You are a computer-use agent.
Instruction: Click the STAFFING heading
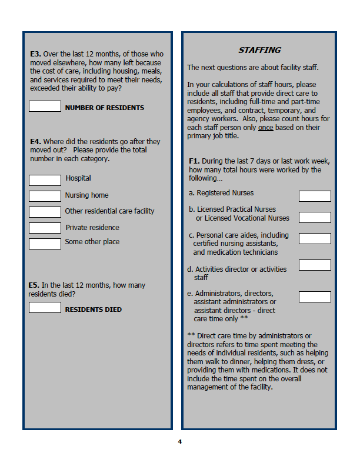coord(259,51)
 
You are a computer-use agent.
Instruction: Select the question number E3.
coord(35,54)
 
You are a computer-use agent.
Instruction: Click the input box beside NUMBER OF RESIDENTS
coord(45,106)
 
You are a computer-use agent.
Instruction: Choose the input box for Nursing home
coord(45,196)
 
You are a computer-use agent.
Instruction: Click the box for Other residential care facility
coord(45,212)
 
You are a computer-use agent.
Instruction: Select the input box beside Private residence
coord(45,228)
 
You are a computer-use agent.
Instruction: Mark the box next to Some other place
coord(45,244)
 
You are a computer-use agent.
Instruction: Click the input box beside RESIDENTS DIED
coord(45,307)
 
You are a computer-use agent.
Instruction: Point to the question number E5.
coord(34,285)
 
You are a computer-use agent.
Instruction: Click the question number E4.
coord(35,142)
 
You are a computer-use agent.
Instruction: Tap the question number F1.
coord(194,161)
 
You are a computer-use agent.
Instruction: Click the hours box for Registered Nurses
coord(315,196)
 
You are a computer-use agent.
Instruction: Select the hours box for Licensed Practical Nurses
coord(315,217)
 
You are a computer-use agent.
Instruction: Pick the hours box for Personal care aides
coord(315,238)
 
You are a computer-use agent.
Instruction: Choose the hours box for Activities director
coord(315,265)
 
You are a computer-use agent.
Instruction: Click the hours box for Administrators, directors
coord(315,297)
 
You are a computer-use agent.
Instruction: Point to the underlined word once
coord(265,128)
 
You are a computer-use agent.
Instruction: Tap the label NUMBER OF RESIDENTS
coord(104,108)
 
